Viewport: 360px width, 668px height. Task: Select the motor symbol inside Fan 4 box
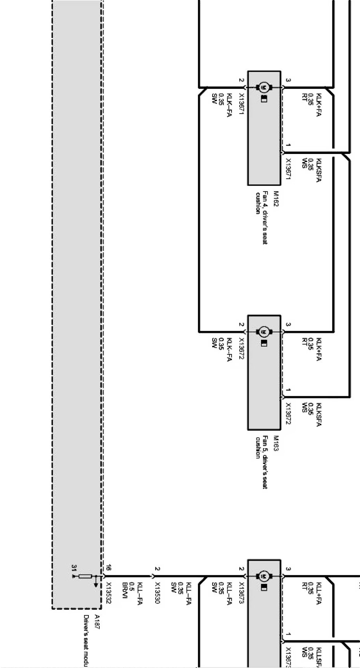pyautogui.click(x=264, y=87)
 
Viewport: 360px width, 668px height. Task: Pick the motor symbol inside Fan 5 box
pyautogui.click(x=264, y=331)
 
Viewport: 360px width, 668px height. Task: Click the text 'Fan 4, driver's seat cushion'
pyautogui.click(x=261, y=218)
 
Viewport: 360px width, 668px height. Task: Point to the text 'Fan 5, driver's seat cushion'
pyautogui.click(x=261, y=462)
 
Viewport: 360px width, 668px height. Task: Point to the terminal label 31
pyautogui.click(x=73, y=568)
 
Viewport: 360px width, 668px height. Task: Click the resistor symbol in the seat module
pyautogui.click(x=85, y=577)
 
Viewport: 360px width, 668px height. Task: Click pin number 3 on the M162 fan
pyautogui.click(x=287, y=80)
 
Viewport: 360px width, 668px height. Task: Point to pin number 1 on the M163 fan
pyautogui.click(x=287, y=390)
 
